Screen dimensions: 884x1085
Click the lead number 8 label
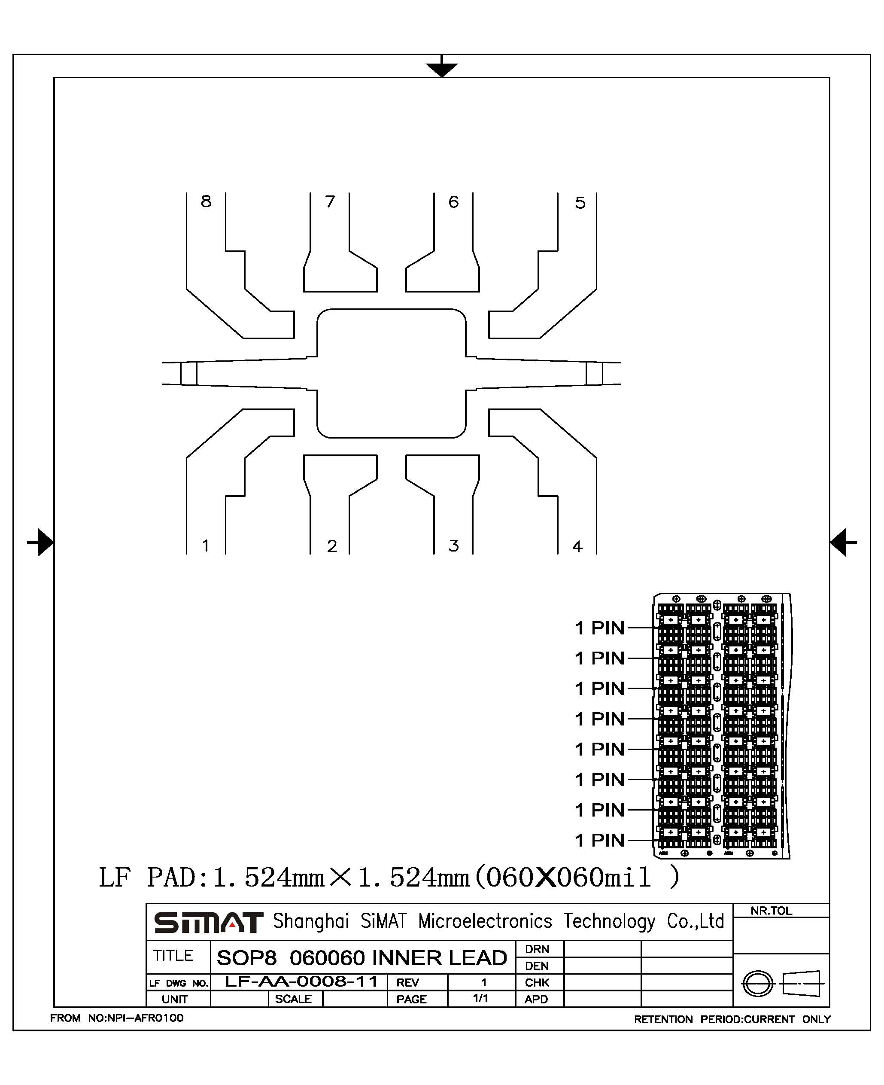206,201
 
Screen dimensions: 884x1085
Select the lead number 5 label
580,203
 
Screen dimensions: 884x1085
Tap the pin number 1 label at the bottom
206,546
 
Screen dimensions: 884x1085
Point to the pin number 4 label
577,546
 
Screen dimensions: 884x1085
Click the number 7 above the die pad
330,201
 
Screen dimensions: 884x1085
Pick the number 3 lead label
454,546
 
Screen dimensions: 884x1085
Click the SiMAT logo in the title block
208,923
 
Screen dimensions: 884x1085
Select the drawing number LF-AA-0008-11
301,981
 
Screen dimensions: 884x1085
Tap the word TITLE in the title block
173,955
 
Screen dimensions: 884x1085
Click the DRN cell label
537,949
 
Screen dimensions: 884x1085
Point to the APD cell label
536,999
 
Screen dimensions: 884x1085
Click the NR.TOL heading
771,911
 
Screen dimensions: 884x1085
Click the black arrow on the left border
40,542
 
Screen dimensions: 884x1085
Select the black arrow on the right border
843,542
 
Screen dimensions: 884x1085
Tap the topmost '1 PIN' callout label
599,628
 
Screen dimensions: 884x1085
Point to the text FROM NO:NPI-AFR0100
117,1018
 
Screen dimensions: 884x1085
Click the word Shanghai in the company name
310,921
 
